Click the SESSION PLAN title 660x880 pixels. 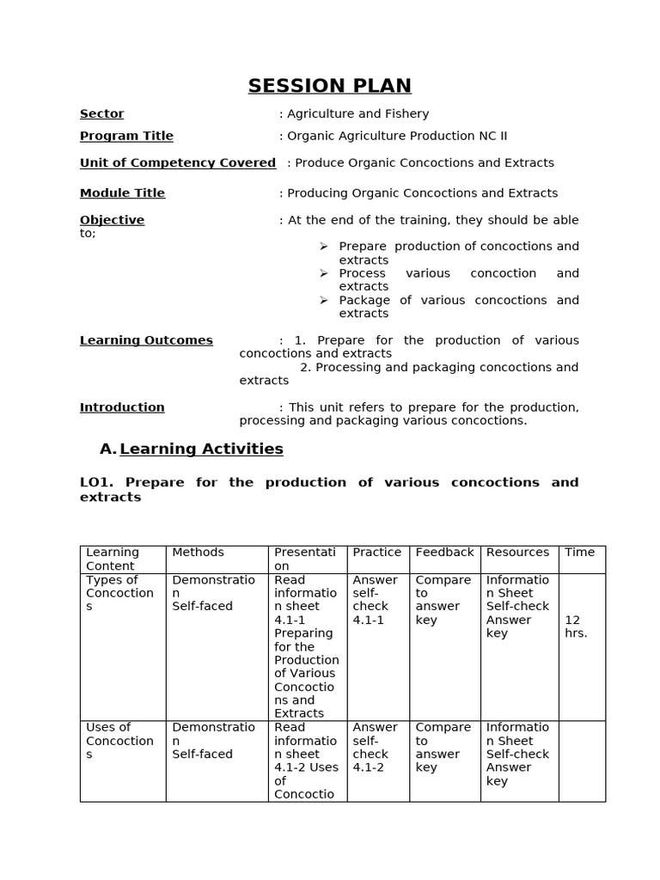[329, 86]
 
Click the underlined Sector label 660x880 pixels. [101, 113]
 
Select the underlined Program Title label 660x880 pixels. [126, 136]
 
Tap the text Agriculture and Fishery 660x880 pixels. [357, 113]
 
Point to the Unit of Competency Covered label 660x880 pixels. [177, 162]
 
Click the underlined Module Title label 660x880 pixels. [122, 193]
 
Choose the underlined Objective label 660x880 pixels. [112, 220]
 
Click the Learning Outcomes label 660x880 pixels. [146, 340]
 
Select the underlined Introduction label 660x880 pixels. [122, 407]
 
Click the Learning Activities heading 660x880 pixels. [201, 449]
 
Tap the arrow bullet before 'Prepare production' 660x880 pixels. [324, 247]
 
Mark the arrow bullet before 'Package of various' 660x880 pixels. [324, 300]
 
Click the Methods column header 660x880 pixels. [198, 553]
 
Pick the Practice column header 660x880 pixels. [376, 553]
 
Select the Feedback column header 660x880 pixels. [444, 553]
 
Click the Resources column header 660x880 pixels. [517, 553]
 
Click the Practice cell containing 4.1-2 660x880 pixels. [375, 747]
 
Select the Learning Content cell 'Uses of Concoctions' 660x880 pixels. [120, 741]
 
